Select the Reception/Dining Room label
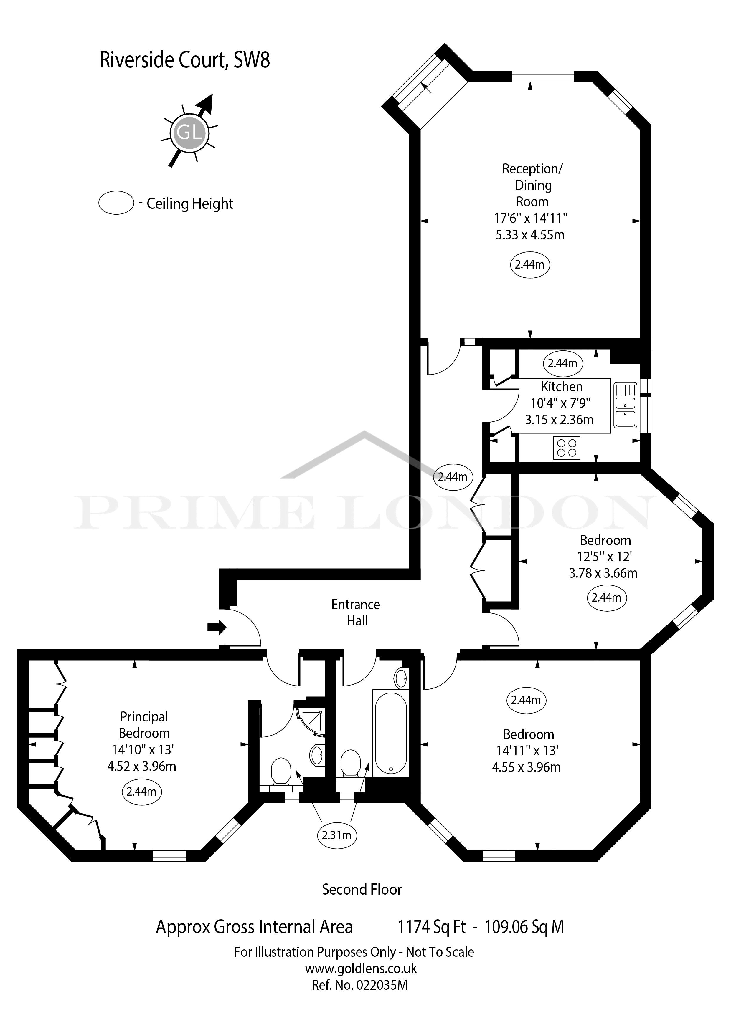click(532, 185)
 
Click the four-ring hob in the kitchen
click(567, 448)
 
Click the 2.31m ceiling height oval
click(336, 835)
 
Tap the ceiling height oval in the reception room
click(530, 264)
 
